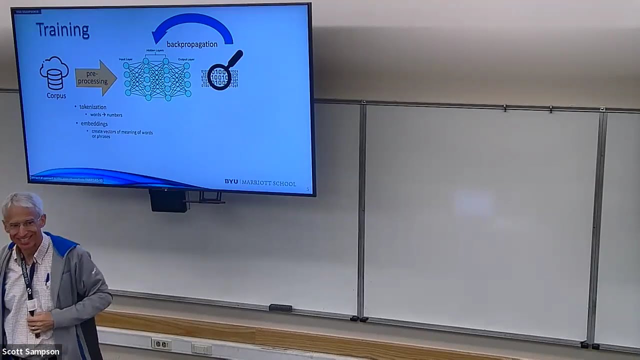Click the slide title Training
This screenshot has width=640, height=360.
click(x=62, y=30)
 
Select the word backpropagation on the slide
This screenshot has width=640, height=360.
click(x=192, y=44)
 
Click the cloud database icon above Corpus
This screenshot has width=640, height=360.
click(x=54, y=73)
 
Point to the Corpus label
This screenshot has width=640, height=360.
click(x=56, y=95)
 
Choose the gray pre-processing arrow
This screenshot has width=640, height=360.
click(x=95, y=78)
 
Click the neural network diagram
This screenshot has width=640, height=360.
click(x=157, y=78)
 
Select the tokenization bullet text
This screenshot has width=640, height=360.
click(x=93, y=107)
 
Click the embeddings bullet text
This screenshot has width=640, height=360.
click(x=94, y=123)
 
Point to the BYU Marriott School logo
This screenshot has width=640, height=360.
click(x=260, y=182)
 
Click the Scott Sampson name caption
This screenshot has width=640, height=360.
click(x=30, y=352)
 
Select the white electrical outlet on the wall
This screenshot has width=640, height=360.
click(x=161, y=344)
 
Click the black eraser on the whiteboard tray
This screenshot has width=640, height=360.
click(x=280, y=308)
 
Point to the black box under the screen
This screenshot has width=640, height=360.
click(x=168, y=200)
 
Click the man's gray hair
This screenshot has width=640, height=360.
click(x=22, y=202)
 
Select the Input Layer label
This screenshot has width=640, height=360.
click(x=125, y=59)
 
